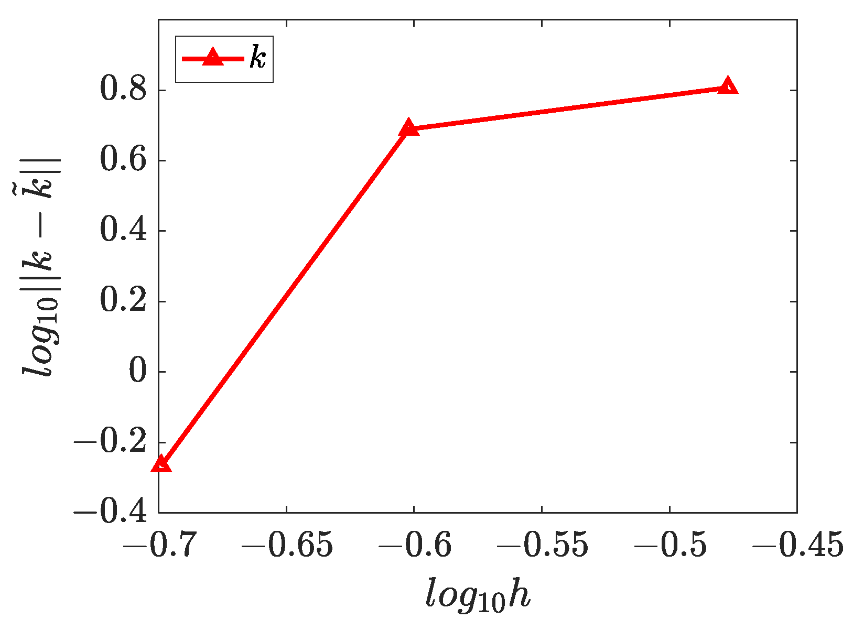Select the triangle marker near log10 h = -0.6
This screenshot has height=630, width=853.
click(409, 128)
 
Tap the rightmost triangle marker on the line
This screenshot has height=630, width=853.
click(728, 86)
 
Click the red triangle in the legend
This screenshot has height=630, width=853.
click(212, 57)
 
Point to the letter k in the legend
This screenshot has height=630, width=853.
click(258, 58)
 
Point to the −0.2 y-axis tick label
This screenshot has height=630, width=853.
click(111, 442)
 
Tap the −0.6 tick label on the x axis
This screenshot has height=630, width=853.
click(414, 545)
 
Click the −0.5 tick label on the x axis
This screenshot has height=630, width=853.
click(670, 545)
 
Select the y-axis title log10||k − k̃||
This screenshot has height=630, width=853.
click(41, 266)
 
